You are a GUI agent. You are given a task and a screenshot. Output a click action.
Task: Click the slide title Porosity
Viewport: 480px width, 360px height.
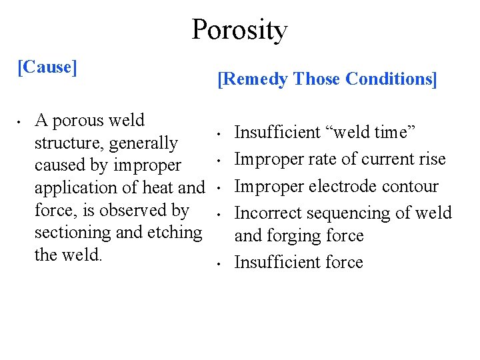(x=239, y=30)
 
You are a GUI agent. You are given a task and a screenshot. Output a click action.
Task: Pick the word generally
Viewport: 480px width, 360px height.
(x=144, y=143)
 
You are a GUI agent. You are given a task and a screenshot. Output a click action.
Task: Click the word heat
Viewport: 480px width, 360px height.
(x=155, y=188)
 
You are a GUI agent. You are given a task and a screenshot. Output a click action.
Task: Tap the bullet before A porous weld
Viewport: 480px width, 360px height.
(x=21, y=123)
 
